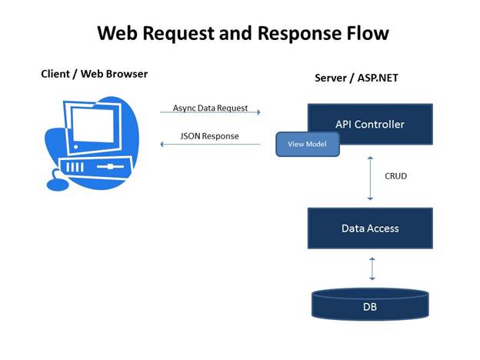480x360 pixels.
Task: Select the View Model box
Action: tap(308, 144)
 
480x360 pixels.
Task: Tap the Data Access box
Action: tap(370, 228)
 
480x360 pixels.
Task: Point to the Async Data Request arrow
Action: tap(210, 112)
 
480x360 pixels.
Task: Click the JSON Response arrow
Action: tap(210, 143)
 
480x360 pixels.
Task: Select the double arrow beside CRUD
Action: tap(371, 177)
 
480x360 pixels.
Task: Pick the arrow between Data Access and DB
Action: tap(371, 268)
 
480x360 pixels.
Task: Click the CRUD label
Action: tap(395, 176)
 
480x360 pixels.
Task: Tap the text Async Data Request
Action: tap(209, 108)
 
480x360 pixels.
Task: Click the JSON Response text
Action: tap(209, 136)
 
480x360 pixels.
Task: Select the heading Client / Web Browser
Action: tap(94, 74)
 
